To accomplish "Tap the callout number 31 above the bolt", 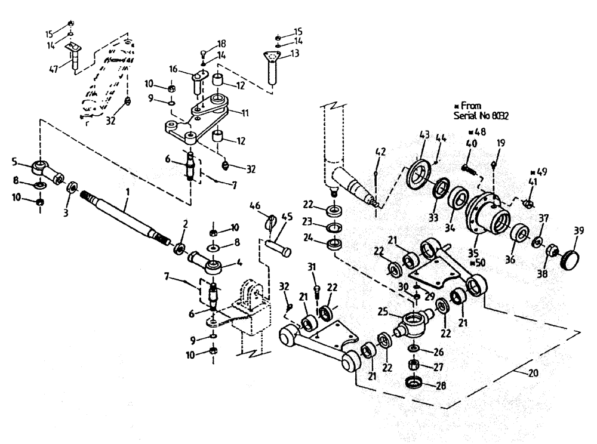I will click(x=311, y=267).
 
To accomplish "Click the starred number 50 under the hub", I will click(x=478, y=263).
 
